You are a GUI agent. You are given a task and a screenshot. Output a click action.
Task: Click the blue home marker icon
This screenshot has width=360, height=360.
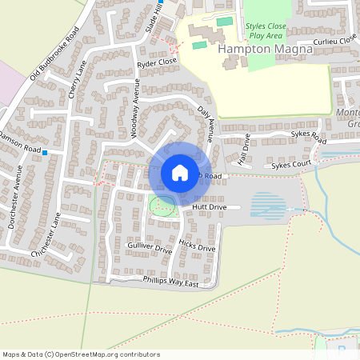coord(179,172)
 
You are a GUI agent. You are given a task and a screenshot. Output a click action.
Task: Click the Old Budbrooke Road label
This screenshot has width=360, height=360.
coord(54,54)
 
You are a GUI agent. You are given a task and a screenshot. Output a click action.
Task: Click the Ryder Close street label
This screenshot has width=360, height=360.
coord(157,62)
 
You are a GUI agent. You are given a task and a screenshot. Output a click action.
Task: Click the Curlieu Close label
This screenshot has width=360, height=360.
coord(334,40)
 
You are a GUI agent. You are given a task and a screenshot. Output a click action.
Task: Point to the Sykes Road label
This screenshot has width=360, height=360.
coord(308,138)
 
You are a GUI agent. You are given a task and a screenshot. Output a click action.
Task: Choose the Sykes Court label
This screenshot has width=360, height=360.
coord(290,165)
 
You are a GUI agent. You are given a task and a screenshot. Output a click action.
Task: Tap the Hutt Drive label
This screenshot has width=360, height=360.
coord(210,207)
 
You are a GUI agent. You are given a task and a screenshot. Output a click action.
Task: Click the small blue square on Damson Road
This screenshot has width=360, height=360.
coord(46,152)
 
